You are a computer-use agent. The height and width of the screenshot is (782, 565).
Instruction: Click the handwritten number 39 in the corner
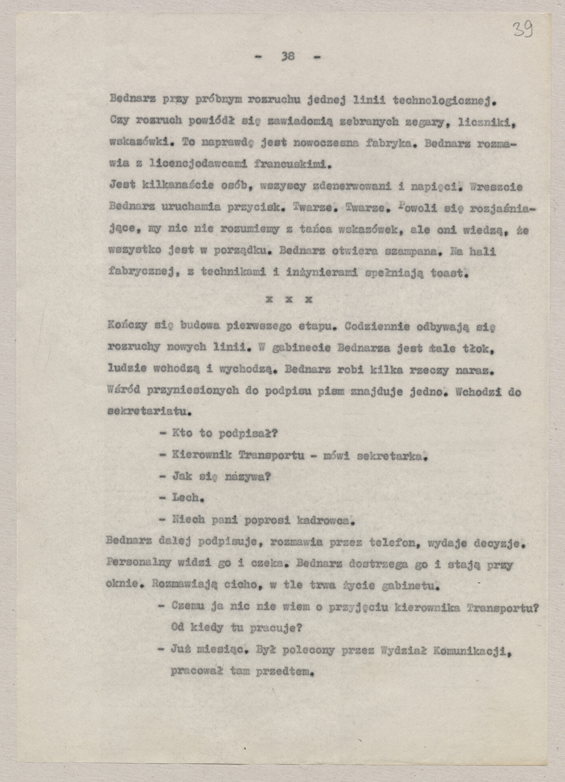point(523,29)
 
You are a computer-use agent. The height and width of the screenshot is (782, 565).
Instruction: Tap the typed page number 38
point(288,57)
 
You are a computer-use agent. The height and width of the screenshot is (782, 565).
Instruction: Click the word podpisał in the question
point(248,433)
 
